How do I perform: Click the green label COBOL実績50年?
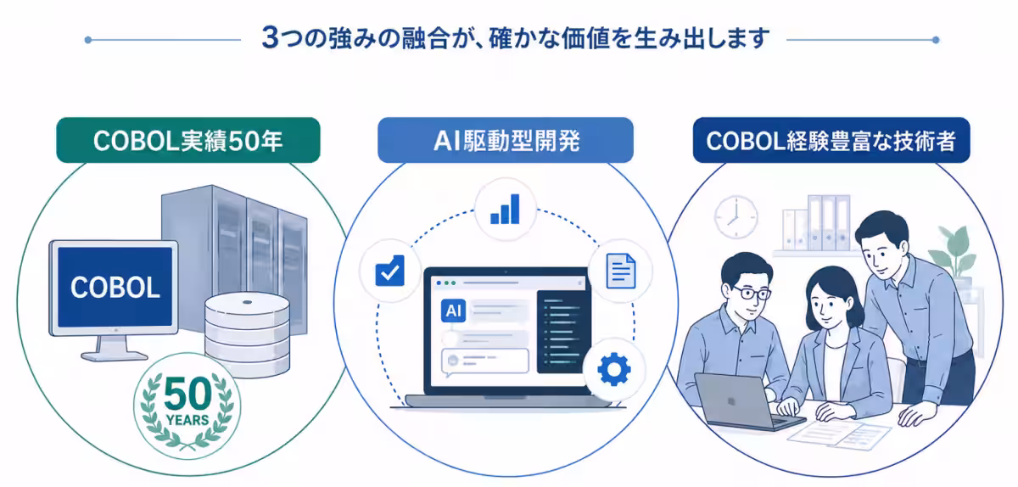click(188, 140)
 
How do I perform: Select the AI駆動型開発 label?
click(506, 140)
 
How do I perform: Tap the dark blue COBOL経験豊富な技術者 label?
click(831, 140)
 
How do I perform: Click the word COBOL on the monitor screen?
click(115, 288)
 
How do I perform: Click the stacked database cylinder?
click(247, 334)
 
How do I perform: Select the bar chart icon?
click(505, 210)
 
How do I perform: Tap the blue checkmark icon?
click(390, 271)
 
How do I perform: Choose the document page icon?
click(621, 271)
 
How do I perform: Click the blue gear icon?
click(614, 369)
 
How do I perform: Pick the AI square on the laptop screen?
click(453, 311)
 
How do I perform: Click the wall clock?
click(736, 217)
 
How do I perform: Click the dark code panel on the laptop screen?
click(563, 332)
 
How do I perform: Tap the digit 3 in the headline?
click(270, 37)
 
